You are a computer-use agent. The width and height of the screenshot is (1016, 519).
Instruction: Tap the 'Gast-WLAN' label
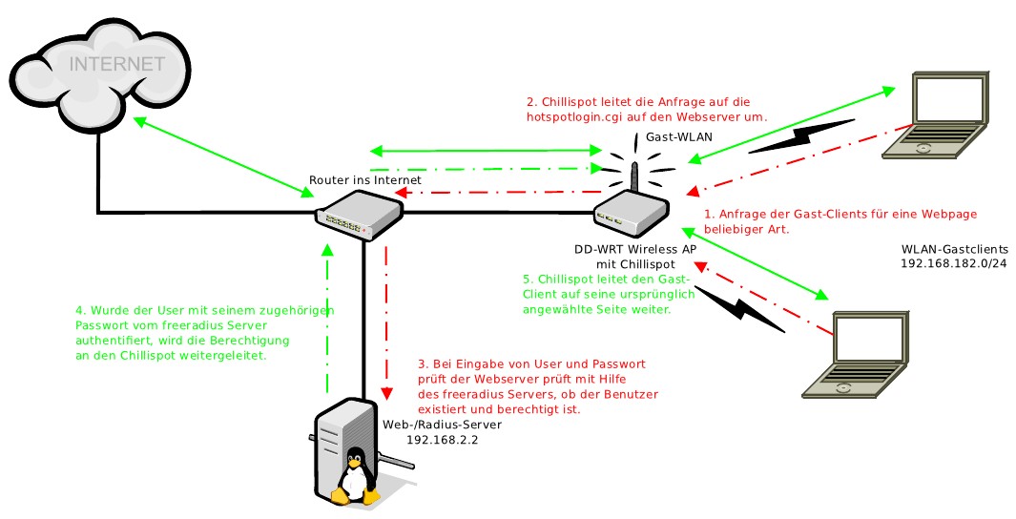678,137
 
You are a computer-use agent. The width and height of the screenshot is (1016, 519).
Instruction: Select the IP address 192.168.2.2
442,440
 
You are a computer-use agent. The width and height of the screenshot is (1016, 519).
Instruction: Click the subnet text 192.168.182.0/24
953,262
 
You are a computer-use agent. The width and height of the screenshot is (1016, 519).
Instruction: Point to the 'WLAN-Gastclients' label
954,248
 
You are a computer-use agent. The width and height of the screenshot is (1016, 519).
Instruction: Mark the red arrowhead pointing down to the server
387,393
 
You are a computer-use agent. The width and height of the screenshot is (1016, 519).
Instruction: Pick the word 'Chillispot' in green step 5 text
567,280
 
